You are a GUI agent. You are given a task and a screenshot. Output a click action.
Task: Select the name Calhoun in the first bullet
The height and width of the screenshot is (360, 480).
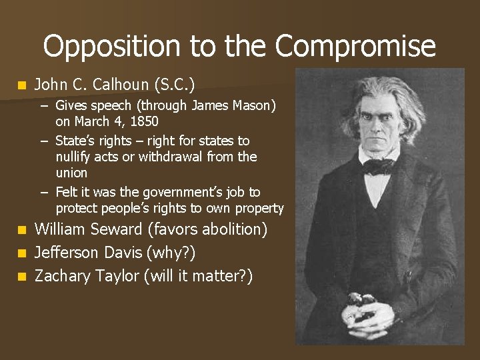point(117,85)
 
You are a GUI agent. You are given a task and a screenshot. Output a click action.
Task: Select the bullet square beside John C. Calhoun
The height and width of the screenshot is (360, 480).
point(22,85)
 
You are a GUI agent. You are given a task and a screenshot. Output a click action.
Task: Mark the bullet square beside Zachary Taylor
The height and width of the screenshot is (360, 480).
point(22,276)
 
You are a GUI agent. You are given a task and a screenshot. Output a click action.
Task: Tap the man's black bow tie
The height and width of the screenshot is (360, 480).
point(378,166)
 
